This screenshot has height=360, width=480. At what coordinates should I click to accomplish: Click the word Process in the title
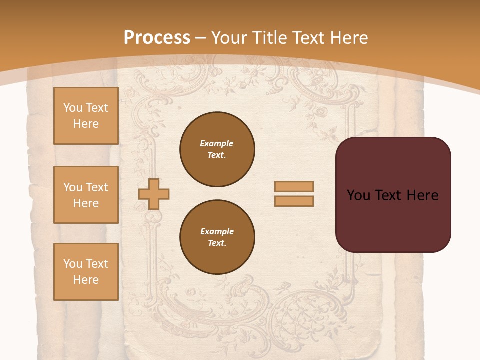(x=157, y=38)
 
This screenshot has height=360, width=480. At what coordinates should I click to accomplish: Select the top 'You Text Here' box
(x=86, y=116)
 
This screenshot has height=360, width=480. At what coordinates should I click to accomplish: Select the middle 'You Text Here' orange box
(x=86, y=195)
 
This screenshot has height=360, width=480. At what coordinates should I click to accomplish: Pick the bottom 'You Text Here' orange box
(x=86, y=272)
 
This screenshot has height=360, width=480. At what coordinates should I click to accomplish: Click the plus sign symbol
(x=154, y=194)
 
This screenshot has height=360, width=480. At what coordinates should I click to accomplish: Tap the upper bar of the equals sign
(x=294, y=187)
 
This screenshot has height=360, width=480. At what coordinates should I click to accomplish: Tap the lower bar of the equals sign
(x=294, y=201)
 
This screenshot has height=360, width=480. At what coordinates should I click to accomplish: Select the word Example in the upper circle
(x=217, y=143)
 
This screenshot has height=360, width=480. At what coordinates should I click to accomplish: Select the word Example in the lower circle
(x=217, y=231)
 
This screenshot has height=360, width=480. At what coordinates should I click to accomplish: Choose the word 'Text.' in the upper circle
(x=217, y=155)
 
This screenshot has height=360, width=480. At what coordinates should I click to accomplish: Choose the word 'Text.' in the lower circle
(x=217, y=243)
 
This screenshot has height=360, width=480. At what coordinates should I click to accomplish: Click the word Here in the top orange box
(x=86, y=124)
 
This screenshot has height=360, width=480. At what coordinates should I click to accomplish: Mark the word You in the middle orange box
(x=73, y=187)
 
